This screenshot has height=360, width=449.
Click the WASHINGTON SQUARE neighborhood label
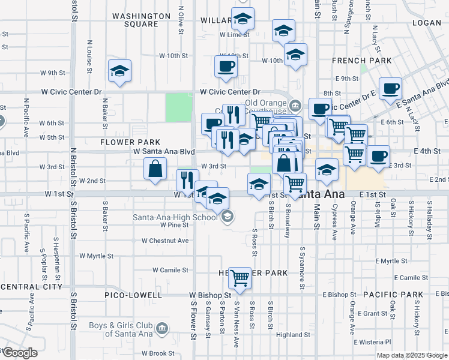(x=141, y=20)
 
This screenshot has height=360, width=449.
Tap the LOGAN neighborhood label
(x=427, y=22)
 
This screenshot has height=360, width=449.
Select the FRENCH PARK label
(x=361, y=61)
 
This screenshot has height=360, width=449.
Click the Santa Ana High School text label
(x=175, y=217)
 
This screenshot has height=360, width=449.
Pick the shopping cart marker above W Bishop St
(x=240, y=277)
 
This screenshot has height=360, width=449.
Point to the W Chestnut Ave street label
(x=165, y=241)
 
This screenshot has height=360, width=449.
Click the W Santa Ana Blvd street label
(x=164, y=152)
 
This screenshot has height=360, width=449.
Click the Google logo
(x=20, y=353)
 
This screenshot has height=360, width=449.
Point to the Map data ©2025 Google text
(x=411, y=355)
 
